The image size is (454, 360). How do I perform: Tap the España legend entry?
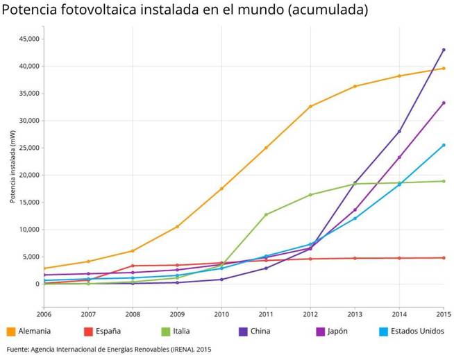pyautogui.click(x=103, y=331)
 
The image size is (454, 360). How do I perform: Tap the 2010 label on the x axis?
pyautogui.click(x=221, y=314)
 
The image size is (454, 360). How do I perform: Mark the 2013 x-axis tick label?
pyautogui.click(x=355, y=314)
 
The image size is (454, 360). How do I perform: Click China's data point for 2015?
pyautogui.click(x=444, y=50)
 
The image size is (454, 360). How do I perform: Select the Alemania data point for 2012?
pyautogui.click(x=310, y=106)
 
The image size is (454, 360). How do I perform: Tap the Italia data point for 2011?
pyautogui.click(x=266, y=214)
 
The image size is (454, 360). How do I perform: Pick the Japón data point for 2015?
pyautogui.click(x=444, y=103)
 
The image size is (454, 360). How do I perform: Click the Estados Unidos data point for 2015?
pyautogui.click(x=444, y=145)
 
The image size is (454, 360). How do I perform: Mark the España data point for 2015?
pyautogui.click(x=444, y=258)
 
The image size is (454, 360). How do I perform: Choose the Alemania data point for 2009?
pyautogui.click(x=177, y=227)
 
